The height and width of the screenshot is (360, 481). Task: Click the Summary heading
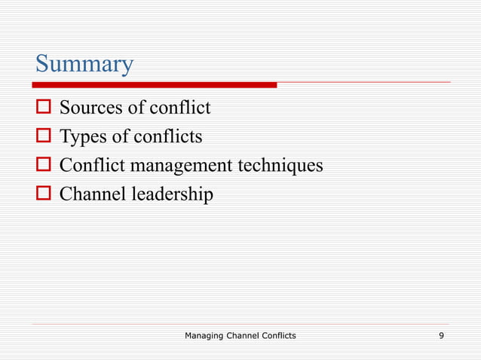(x=84, y=63)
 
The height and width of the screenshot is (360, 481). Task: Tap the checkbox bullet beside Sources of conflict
(x=42, y=109)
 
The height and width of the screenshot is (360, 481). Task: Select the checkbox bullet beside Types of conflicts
(x=42, y=137)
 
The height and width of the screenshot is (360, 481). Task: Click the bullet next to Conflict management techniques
(x=42, y=166)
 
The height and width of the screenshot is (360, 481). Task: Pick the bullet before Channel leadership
(x=42, y=194)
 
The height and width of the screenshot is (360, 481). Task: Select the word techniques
(x=282, y=165)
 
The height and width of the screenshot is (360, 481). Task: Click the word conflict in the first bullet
(x=180, y=108)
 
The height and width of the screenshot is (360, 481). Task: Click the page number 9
(x=441, y=335)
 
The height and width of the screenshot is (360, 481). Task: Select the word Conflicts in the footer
(x=274, y=335)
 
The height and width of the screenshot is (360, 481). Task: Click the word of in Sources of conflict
(x=136, y=108)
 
